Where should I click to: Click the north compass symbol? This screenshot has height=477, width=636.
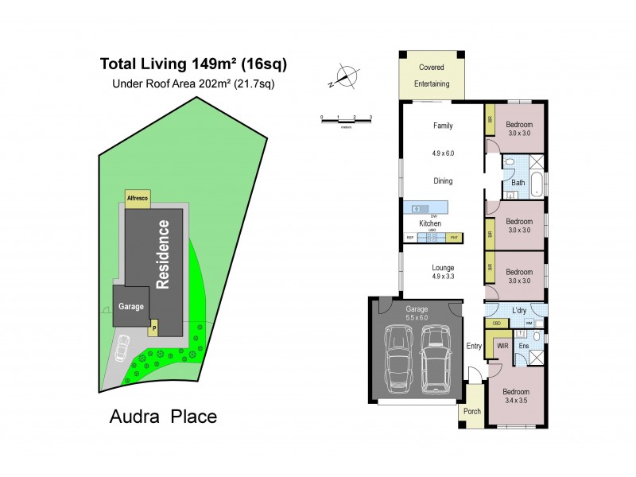point(345,77)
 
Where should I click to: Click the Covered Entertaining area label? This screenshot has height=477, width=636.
point(432,76)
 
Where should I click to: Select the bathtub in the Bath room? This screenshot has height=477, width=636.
point(539,183)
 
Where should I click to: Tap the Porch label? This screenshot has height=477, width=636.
point(471,411)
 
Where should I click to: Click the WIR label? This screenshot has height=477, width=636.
point(502,346)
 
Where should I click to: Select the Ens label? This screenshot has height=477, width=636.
point(524,346)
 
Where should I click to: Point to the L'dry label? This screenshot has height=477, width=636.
point(521,310)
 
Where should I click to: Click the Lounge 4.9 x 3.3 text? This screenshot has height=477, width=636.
point(442,272)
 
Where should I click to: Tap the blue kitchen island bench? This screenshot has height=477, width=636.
point(425,208)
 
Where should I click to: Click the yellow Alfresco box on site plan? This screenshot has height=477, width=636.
point(138,196)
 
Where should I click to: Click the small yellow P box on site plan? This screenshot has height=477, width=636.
point(154,327)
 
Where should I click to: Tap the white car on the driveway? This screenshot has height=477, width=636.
point(124,347)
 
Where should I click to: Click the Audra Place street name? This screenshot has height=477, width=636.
point(162,416)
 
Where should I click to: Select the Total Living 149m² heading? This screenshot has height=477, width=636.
point(193,63)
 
